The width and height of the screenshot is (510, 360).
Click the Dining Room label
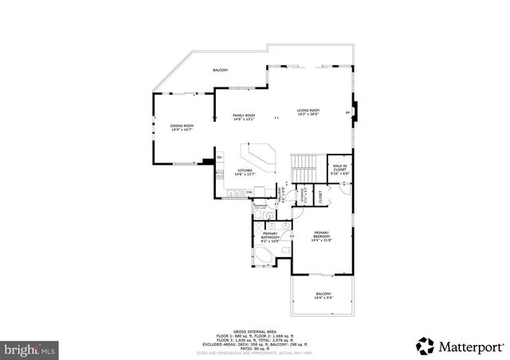(x=182, y=127)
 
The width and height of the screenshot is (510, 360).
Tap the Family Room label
(x=244, y=118)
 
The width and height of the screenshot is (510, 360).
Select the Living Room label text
(x=308, y=112)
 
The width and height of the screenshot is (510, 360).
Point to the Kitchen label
(x=244, y=172)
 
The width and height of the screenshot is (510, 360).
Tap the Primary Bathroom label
(x=271, y=235)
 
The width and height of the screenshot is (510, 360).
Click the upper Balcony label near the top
(x=221, y=71)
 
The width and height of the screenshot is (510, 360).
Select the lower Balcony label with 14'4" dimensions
(x=323, y=296)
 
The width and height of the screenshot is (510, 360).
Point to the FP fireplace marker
(x=347, y=113)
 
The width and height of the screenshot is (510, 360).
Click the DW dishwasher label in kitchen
(x=249, y=192)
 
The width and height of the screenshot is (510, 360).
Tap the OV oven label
(x=219, y=158)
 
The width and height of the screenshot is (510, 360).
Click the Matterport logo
(x=458, y=345)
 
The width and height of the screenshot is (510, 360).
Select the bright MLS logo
(x=30, y=349)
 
